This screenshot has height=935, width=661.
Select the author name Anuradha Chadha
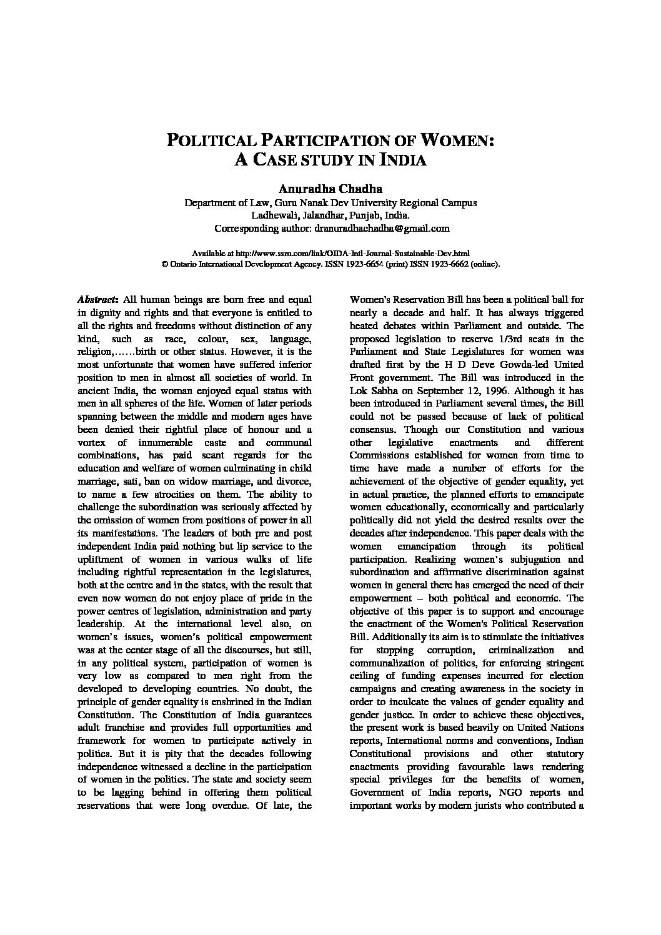pos(330,189)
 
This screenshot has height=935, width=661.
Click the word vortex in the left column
pos(91,442)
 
